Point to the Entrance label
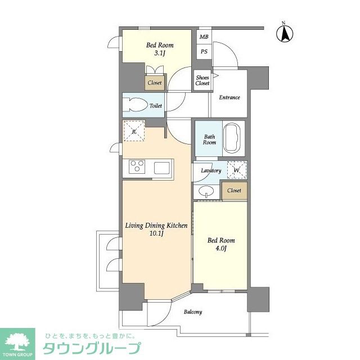229,97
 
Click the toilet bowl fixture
134,105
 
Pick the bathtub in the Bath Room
232,138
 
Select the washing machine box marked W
236,170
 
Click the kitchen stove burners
137,168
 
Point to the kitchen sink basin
163,168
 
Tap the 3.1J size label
160,55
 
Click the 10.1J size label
155,235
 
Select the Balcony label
192,312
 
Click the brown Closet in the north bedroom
155,83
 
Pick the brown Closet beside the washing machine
234,191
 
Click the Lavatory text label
207,170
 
